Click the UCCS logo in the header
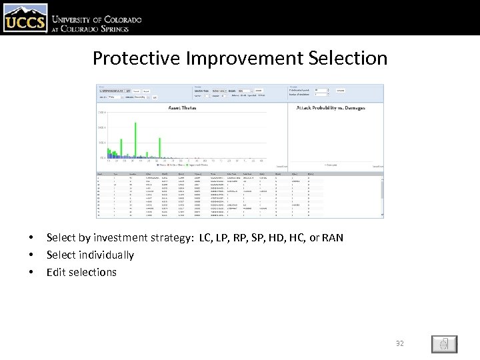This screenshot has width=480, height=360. click(25, 18)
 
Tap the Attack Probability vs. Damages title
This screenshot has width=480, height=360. click(331, 107)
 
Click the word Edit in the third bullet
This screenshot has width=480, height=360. click(56, 272)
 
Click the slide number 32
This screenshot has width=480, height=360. click(400, 343)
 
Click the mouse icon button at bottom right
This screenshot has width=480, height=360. click(443, 344)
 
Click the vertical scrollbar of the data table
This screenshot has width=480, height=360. click(382, 194)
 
